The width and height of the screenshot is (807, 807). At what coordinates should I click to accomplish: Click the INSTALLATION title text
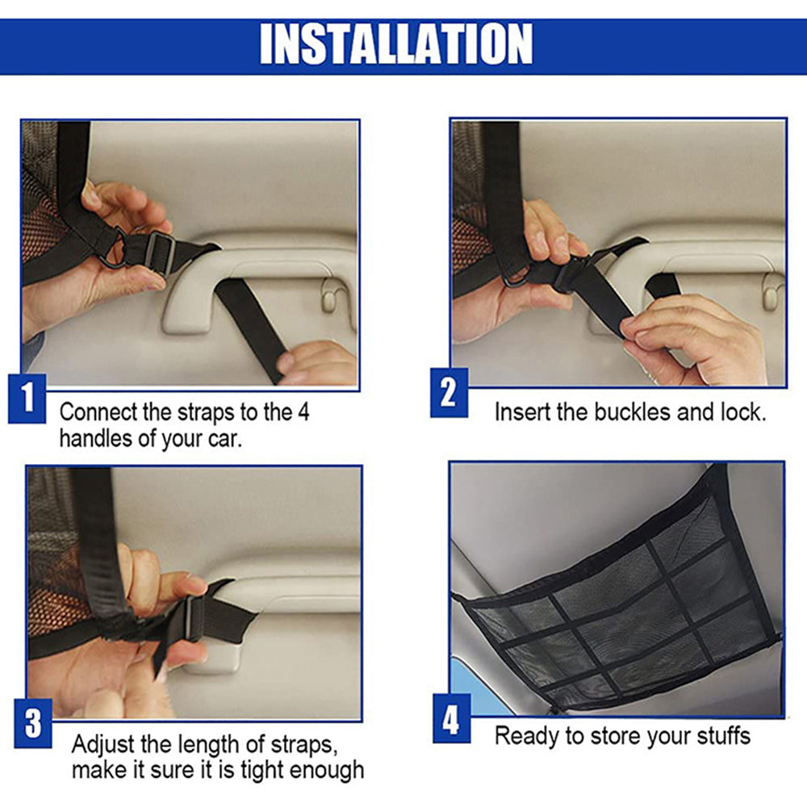point(395,44)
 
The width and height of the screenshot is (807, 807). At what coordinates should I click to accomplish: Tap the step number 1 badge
point(27,399)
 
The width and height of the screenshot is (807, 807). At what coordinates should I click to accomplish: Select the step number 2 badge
point(449,393)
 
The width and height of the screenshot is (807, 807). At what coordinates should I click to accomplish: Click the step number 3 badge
point(33,723)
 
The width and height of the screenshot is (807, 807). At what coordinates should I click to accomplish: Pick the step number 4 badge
point(451,718)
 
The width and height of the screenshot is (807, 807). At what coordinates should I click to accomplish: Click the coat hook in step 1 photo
point(329,299)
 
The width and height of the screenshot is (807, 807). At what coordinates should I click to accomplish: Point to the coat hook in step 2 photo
point(771,292)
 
